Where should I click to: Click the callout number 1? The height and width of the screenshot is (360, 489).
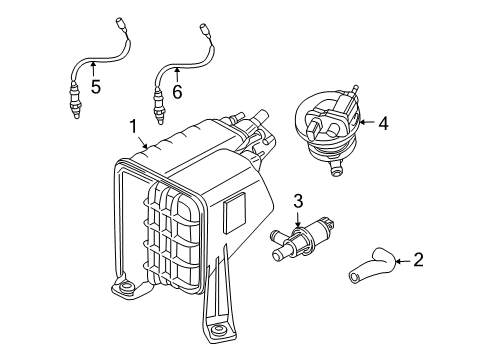(x=133, y=127)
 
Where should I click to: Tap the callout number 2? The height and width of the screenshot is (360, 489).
(x=418, y=260)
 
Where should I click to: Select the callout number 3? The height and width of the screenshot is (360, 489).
(x=298, y=201)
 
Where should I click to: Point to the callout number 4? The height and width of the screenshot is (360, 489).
(x=384, y=123)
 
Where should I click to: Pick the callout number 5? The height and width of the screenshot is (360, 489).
(x=96, y=87)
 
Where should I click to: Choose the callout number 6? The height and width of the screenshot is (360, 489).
(x=177, y=92)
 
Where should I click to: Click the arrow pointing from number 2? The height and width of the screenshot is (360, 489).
(x=403, y=261)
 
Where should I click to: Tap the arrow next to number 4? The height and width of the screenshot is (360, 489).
(x=367, y=122)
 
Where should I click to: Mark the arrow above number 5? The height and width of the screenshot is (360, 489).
(x=93, y=69)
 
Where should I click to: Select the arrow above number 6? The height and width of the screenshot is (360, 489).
(x=177, y=74)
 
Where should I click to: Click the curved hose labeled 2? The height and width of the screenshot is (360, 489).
(x=372, y=266)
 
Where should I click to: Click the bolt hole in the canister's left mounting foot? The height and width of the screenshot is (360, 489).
(x=126, y=285)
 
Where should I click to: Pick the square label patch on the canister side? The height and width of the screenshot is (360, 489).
(x=235, y=213)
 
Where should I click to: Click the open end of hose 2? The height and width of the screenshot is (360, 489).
(x=353, y=277)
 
